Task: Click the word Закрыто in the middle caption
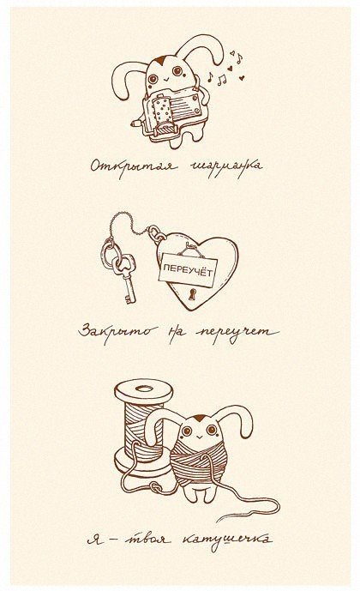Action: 118,333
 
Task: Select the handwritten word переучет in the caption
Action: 237,334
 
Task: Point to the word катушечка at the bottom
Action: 226,540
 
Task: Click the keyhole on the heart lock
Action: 193,294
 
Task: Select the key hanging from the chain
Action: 124,278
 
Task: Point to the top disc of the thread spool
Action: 143,390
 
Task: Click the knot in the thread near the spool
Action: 155,487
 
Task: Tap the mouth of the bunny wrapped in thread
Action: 198,437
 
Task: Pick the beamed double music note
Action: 222,80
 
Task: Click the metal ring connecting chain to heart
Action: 156,233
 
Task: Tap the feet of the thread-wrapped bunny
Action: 201,495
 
